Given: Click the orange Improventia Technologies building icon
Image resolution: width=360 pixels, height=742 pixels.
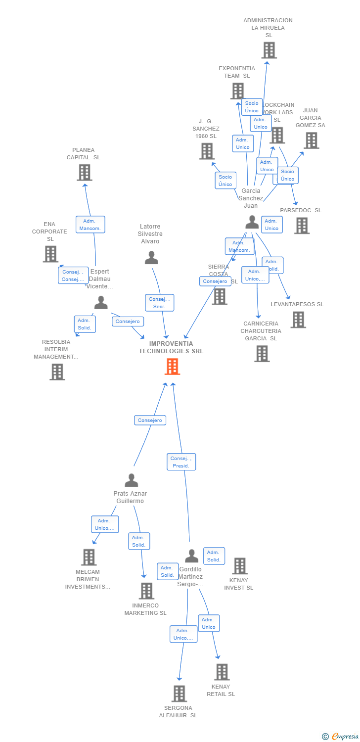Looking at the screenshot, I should (172, 367).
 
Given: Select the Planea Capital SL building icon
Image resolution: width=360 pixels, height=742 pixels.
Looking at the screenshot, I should (85, 173).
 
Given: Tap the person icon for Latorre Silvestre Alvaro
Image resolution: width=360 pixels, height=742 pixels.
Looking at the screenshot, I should (151, 257).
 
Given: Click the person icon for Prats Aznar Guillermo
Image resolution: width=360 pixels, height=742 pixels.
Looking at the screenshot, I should (131, 480).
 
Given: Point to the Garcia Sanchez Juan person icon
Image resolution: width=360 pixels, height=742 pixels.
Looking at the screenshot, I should (252, 222).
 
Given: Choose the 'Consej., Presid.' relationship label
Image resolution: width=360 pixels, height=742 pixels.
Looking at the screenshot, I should (181, 462).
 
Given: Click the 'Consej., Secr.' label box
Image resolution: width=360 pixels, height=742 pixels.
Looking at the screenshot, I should (159, 303).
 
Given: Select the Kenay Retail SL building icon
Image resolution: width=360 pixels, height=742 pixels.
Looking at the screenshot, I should (222, 672).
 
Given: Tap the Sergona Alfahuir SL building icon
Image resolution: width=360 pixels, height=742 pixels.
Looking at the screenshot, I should (179, 694).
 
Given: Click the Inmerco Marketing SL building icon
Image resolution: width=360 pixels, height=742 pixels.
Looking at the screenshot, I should (146, 591).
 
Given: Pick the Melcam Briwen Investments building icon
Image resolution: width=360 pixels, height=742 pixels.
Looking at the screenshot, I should (89, 557).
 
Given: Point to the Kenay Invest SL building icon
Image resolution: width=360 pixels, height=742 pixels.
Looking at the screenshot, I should (240, 566).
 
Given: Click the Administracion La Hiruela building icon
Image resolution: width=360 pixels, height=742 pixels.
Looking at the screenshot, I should (269, 50).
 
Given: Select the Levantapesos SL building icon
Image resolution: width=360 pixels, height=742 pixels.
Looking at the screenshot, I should (298, 320).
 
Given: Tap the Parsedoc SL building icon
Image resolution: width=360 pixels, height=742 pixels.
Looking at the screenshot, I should (301, 226).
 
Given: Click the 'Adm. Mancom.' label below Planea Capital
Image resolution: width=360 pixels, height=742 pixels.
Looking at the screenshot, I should (90, 225).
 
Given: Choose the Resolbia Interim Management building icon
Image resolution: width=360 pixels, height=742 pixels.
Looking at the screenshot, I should (57, 371).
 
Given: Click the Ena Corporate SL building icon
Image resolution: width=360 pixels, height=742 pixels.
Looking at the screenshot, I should (50, 254).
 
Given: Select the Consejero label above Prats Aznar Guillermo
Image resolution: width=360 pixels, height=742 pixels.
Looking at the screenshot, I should (150, 420).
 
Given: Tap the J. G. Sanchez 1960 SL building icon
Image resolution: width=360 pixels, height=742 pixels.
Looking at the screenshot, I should (207, 151).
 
